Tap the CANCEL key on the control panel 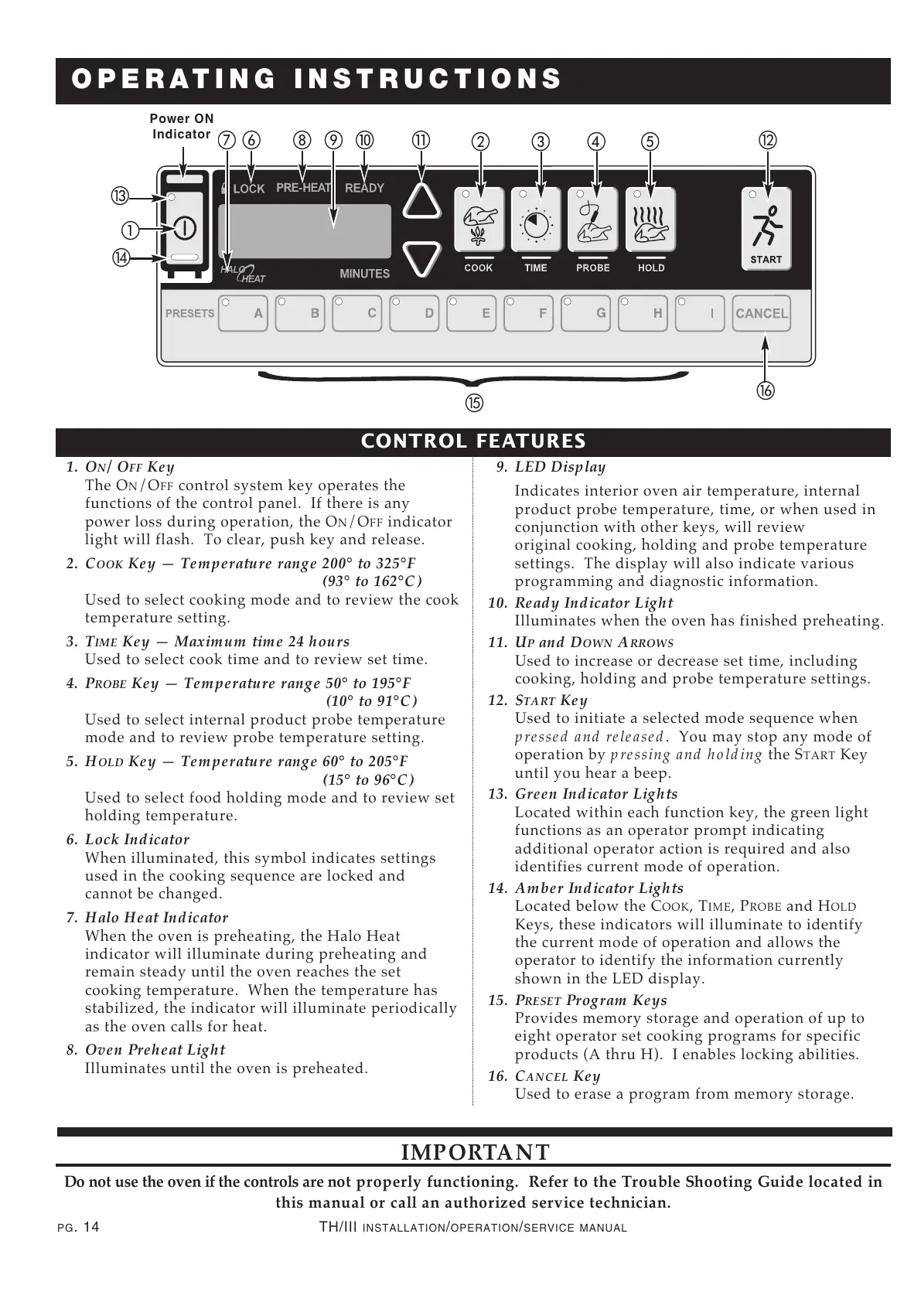click(761, 313)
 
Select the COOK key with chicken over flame click(479, 220)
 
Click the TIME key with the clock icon click(536, 220)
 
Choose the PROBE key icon click(593, 220)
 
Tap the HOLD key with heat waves click(651, 220)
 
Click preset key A click(243, 313)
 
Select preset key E click(471, 313)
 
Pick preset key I click(699, 313)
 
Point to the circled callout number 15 click(473, 403)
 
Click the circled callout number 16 click(765, 390)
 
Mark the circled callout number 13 click(121, 196)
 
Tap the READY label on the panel click(364, 188)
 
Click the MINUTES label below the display click(364, 274)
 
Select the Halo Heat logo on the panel click(243, 273)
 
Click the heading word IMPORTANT click(476, 1152)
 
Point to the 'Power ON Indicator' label click(181, 126)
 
